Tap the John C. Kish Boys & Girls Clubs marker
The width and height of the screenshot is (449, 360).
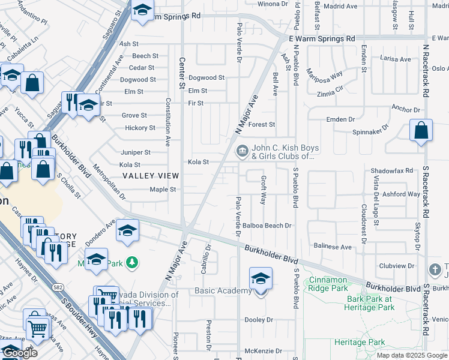pos(242,151)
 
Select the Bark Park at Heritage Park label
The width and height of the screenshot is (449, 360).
pos(369,303)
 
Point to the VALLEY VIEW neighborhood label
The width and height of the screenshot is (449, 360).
pos(151,176)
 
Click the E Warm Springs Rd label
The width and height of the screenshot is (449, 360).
pos(322,38)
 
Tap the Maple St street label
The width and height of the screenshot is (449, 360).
pos(162,190)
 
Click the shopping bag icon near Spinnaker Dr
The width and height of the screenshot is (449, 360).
pos(421,131)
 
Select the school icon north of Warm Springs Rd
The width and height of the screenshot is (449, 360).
pos(142,11)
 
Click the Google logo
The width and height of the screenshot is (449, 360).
pos(19,353)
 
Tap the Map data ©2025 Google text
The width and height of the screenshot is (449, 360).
pos(412,355)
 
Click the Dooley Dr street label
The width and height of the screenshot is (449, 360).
pos(259,320)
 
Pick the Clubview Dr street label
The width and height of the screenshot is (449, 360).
pos(396,266)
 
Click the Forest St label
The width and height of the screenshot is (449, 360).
pos(262,125)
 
